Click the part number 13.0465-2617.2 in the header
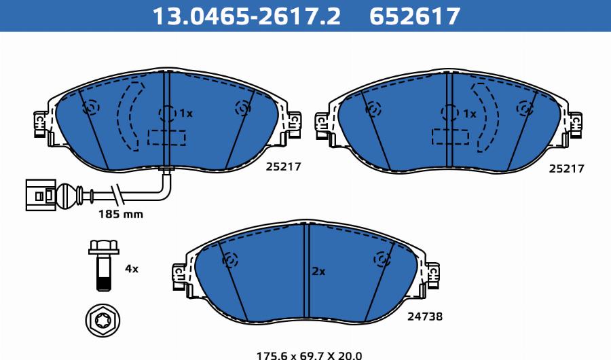246,16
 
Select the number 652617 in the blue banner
415,16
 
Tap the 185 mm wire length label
121,214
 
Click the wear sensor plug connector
41,195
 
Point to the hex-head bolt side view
104,265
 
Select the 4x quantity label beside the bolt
132,269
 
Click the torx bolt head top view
103,321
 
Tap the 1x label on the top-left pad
186,113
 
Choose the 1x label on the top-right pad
470,114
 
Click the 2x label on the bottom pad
319,272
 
